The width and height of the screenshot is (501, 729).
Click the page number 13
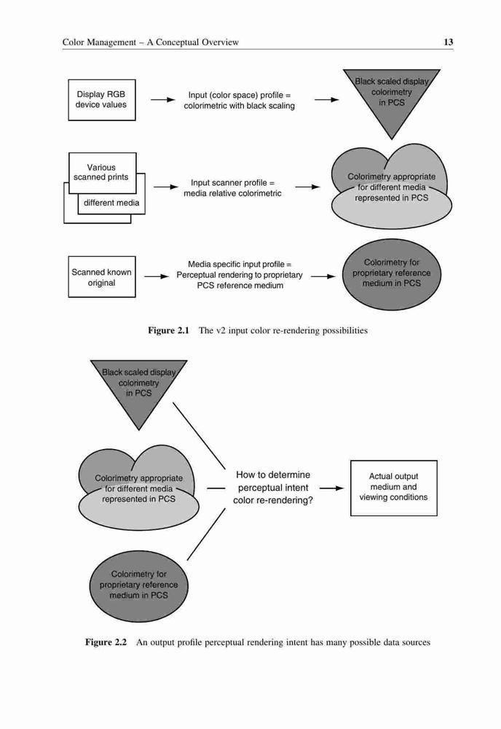click(x=448, y=42)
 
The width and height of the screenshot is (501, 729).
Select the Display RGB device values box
click(x=102, y=100)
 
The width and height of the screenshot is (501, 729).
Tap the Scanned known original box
click(x=102, y=276)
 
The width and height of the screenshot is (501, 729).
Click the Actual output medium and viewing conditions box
click(x=394, y=488)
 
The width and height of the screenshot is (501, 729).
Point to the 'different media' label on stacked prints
click(x=111, y=203)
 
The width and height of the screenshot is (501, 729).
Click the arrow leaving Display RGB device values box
click(x=162, y=99)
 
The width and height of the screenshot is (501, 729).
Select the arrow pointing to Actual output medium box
click(x=331, y=488)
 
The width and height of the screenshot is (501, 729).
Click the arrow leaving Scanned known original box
click(x=157, y=276)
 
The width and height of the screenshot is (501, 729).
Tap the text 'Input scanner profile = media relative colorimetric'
click(x=232, y=188)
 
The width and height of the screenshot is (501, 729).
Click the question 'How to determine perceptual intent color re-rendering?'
click(x=273, y=488)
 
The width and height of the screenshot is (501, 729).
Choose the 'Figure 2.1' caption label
click(x=168, y=330)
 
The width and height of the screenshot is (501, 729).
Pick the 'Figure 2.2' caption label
click(x=106, y=642)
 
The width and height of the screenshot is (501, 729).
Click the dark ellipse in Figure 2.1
click(x=392, y=274)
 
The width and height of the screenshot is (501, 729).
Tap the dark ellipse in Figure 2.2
click(x=139, y=586)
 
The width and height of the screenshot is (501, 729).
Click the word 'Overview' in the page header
click(x=220, y=42)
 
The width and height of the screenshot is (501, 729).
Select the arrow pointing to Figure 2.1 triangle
click(x=326, y=99)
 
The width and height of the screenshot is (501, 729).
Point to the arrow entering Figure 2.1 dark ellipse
click(x=323, y=276)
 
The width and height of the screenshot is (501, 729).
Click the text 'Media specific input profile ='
click(x=240, y=264)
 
